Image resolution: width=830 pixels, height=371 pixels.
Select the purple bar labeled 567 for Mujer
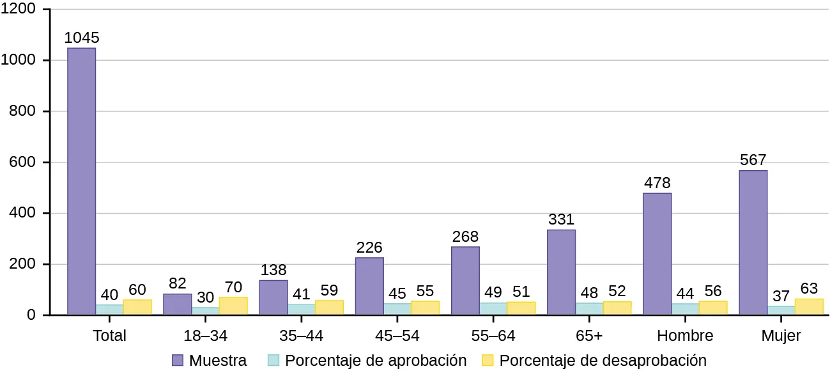753,242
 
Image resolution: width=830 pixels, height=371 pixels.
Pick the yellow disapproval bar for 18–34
233,306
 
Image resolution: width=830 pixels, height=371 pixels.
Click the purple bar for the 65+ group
561,272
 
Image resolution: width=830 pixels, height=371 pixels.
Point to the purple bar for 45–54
369,286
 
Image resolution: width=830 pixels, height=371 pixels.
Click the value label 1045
82,37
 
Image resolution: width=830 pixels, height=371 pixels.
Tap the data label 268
465,236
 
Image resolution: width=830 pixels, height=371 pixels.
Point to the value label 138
273,269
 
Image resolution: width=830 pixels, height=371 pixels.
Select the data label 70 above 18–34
233,286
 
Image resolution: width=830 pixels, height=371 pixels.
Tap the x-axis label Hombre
684,336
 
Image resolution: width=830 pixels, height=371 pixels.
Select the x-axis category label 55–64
493,336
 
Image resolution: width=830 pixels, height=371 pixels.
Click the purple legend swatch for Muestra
178,360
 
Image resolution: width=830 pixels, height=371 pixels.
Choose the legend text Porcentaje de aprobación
376,360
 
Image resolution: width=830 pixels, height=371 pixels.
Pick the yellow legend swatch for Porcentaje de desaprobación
489,360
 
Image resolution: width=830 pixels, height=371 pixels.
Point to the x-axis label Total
109,336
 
